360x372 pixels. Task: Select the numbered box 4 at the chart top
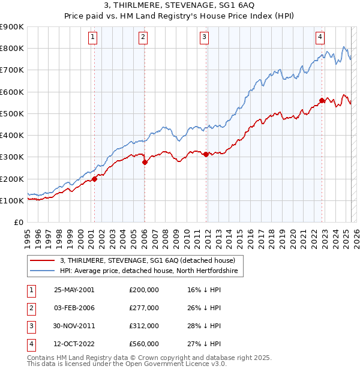click(x=320, y=37)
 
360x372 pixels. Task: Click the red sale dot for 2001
click(x=94, y=179)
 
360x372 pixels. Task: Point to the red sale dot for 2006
click(x=145, y=162)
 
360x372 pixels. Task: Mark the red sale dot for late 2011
click(x=206, y=154)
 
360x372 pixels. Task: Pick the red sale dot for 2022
click(x=322, y=100)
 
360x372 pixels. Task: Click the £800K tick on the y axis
click(x=12, y=48)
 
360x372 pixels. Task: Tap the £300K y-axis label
click(x=12, y=157)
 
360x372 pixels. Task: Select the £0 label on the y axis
click(x=18, y=223)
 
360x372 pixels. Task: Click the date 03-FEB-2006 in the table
click(x=74, y=308)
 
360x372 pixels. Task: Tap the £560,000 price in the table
click(x=144, y=344)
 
